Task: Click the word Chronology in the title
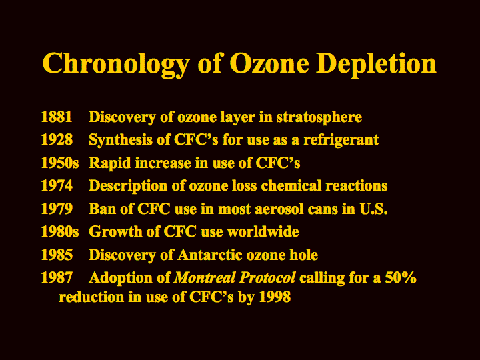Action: click(116, 64)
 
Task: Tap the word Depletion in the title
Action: click(376, 63)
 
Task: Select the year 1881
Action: click(57, 117)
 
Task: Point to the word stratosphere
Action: click(319, 117)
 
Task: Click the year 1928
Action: click(57, 139)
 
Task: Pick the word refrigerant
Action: click(341, 141)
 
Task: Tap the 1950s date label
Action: click(60, 163)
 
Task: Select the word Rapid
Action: click(110, 163)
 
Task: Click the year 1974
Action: click(57, 185)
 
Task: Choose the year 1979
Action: click(57, 209)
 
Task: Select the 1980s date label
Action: click(60, 231)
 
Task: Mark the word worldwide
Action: click(263, 231)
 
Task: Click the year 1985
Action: click(57, 255)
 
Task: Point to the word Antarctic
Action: click(210, 255)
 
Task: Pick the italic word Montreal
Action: click(205, 277)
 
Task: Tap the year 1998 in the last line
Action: click(275, 297)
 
